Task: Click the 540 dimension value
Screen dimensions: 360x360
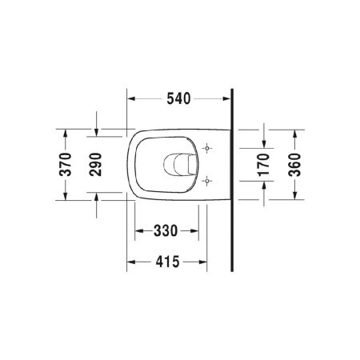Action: [x=180, y=100]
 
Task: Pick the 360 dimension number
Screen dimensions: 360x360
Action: [x=294, y=163]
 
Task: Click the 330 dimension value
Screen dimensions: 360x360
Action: [x=165, y=232]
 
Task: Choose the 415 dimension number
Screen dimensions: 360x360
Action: [x=167, y=261]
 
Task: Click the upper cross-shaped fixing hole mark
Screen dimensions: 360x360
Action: [x=207, y=148]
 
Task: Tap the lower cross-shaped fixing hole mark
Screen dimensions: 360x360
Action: [x=207, y=180]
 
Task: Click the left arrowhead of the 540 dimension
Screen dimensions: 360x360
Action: [x=133, y=100]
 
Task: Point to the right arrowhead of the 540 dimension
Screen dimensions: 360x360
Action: [x=227, y=100]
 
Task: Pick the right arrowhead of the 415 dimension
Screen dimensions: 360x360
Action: [x=202, y=261]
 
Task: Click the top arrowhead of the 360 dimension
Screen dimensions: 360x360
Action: [x=294, y=133]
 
